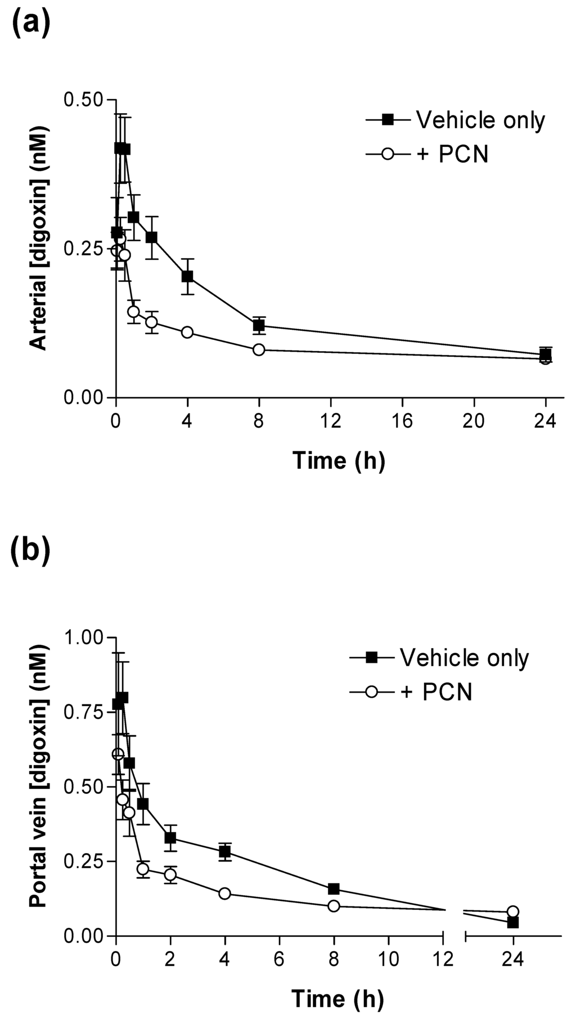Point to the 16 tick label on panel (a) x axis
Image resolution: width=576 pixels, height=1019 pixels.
coord(402,421)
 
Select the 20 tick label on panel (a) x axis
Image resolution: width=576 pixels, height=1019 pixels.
coord(474,421)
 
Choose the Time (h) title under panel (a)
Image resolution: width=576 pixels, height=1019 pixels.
coord(338,460)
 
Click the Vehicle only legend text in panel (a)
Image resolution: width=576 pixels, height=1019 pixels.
coord(480,120)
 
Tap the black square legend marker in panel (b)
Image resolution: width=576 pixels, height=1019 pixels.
coord(372,658)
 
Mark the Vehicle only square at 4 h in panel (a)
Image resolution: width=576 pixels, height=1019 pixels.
coord(187,276)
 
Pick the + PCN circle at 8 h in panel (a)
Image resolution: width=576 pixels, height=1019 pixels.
coord(259,349)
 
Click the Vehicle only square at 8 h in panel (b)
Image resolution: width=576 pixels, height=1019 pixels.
coord(334,889)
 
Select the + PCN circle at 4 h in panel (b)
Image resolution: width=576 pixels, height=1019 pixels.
coord(224,894)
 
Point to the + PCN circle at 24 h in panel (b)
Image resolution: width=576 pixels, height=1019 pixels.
coord(512,912)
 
